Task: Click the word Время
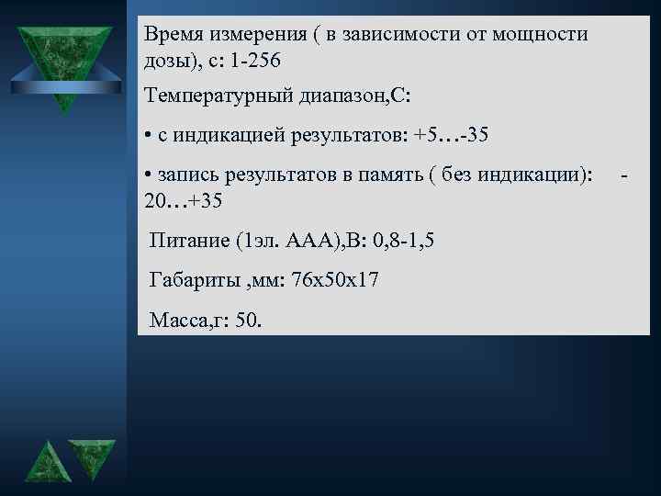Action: (x=175, y=34)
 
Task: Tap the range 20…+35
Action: (x=184, y=199)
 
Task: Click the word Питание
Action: (x=189, y=240)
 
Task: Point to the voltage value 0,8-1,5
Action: (x=398, y=240)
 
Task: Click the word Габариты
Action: (x=194, y=280)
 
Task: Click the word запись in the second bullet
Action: (x=185, y=175)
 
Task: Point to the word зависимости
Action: (x=383, y=34)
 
